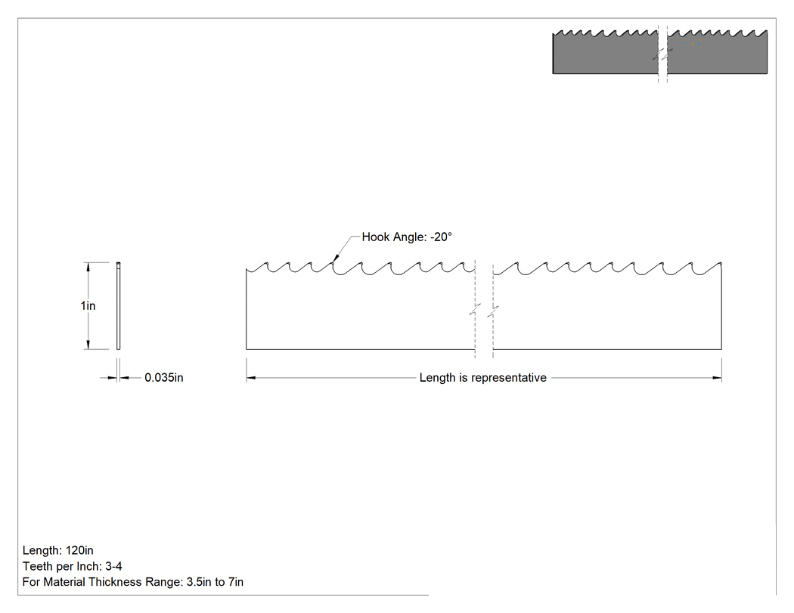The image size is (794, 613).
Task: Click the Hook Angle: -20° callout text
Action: [x=407, y=237]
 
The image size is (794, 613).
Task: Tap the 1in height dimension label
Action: [x=88, y=305]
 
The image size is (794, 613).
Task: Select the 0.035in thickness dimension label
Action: [x=164, y=378]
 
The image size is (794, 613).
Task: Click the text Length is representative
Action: [x=483, y=378]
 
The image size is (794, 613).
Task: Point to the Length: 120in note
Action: [x=58, y=550]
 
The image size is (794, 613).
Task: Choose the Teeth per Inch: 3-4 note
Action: [x=73, y=566]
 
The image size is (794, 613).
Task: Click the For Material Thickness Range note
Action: [x=133, y=581]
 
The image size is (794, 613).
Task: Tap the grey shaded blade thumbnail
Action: [x=660, y=51]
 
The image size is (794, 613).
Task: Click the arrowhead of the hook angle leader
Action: [x=333, y=259]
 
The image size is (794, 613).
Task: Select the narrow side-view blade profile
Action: [x=119, y=305]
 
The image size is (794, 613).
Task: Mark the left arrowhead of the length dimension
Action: [x=250, y=378]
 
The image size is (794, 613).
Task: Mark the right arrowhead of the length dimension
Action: [x=717, y=378]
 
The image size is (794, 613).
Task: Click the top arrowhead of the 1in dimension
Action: [x=88, y=267]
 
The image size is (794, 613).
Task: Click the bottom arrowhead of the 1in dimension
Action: [x=88, y=345]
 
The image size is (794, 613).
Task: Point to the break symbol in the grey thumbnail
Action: [x=662, y=54]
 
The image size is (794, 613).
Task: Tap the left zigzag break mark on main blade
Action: [x=475, y=310]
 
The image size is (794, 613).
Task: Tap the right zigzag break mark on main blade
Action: [x=493, y=311]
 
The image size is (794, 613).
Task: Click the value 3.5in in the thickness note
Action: [x=198, y=581]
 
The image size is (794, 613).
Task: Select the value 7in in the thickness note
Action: [x=236, y=581]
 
